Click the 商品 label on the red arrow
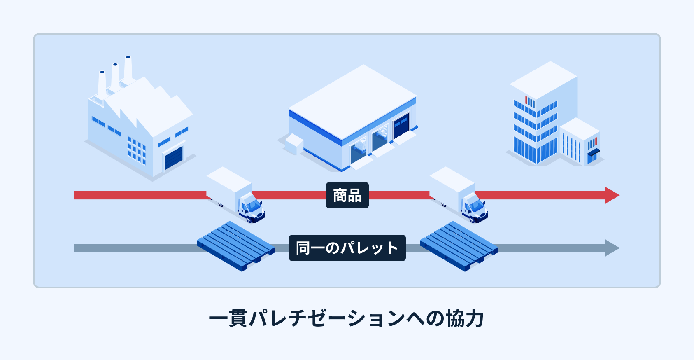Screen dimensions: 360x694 (347, 195)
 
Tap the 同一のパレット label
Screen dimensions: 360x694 (347, 248)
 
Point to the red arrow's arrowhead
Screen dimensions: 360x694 (612, 195)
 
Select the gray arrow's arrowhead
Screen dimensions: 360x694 (612, 248)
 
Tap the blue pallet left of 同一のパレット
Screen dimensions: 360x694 (235, 246)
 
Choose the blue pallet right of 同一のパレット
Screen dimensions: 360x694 (459, 246)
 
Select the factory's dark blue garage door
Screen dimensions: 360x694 (174, 158)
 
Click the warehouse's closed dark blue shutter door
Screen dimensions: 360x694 (401, 125)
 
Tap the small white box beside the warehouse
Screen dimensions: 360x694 (294, 143)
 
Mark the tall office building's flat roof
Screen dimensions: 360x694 (543, 80)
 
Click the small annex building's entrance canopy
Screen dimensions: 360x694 (594, 153)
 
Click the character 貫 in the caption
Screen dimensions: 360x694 (238, 318)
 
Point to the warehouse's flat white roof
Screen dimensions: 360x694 (352, 101)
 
